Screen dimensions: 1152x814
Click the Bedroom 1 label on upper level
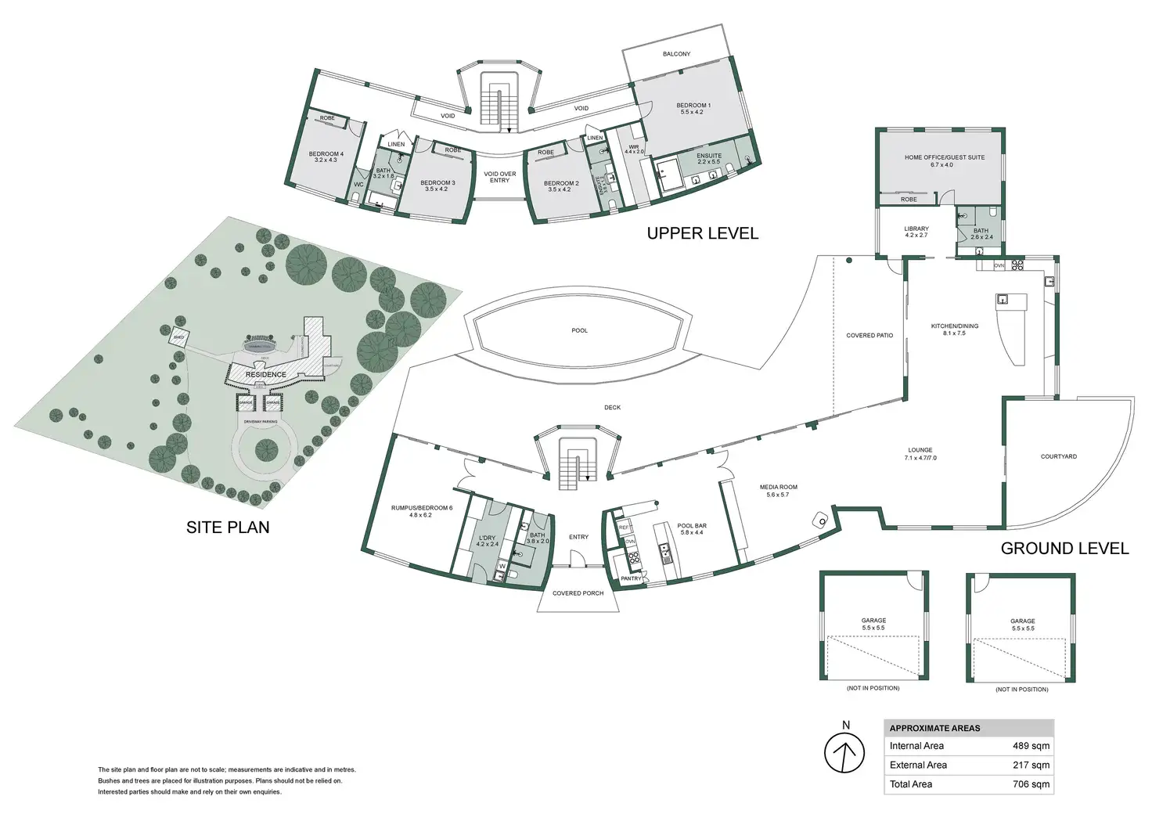click(693, 106)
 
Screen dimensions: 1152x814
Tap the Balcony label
click(676, 54)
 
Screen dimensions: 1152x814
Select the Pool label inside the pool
click(579, 330)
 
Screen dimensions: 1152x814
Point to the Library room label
click(916, 229)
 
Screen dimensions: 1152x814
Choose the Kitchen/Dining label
click(954, 326)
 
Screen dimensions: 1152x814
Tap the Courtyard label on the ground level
click(1058, 456)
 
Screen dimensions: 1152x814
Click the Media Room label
click(778, 488)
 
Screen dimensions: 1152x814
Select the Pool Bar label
click(692, 526)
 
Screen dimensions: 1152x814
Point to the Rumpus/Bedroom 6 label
click(421, 508)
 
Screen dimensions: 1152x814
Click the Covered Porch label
click(578, 593)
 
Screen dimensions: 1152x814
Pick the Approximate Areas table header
click(934, 728)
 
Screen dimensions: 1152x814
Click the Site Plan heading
click(228, 528)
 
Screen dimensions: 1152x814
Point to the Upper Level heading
click(702, 233)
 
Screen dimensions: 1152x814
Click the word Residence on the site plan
click(265, 374)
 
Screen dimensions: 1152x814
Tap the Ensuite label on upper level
click(709, 156)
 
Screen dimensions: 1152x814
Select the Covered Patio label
click(869, 336)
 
